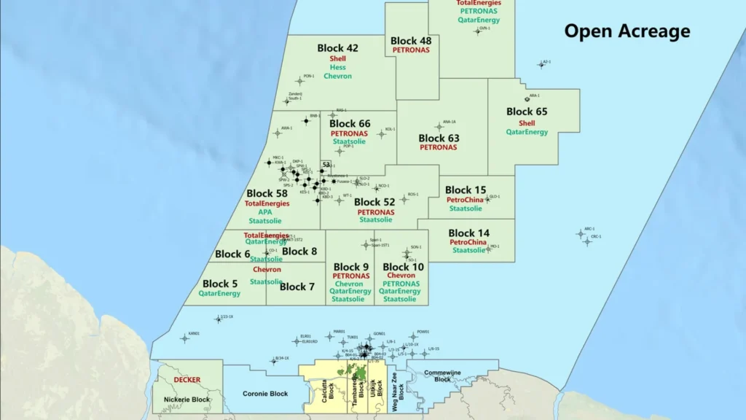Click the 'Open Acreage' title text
coord(627,31)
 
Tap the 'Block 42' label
coord(337,48)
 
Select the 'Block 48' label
coord(411,41)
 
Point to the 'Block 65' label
coord(527,112)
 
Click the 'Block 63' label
coord(439,138)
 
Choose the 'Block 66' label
coord(350,125)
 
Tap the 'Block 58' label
coord(267,194)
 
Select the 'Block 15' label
coord(466,190)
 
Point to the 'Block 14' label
coord(469,233)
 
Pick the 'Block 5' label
coord(220,284)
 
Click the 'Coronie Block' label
coord(265,394)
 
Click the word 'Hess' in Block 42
coord(337,67)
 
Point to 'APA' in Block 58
coord(265,212)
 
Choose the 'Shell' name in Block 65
coord(527,123)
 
